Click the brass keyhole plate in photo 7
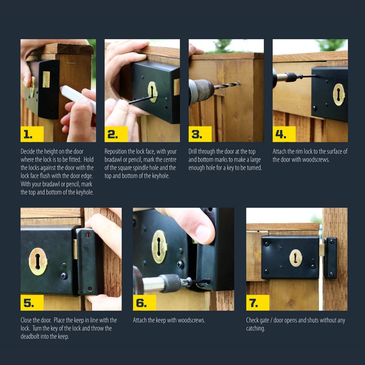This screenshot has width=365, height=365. [x=296, y=258]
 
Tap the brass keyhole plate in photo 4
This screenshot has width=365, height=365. [x=339, y=94]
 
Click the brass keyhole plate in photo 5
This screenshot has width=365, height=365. [x=38, y=261]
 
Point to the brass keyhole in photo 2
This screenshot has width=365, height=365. [x=152, y=92]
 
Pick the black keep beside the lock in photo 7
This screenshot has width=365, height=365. [x=330, y=257]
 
